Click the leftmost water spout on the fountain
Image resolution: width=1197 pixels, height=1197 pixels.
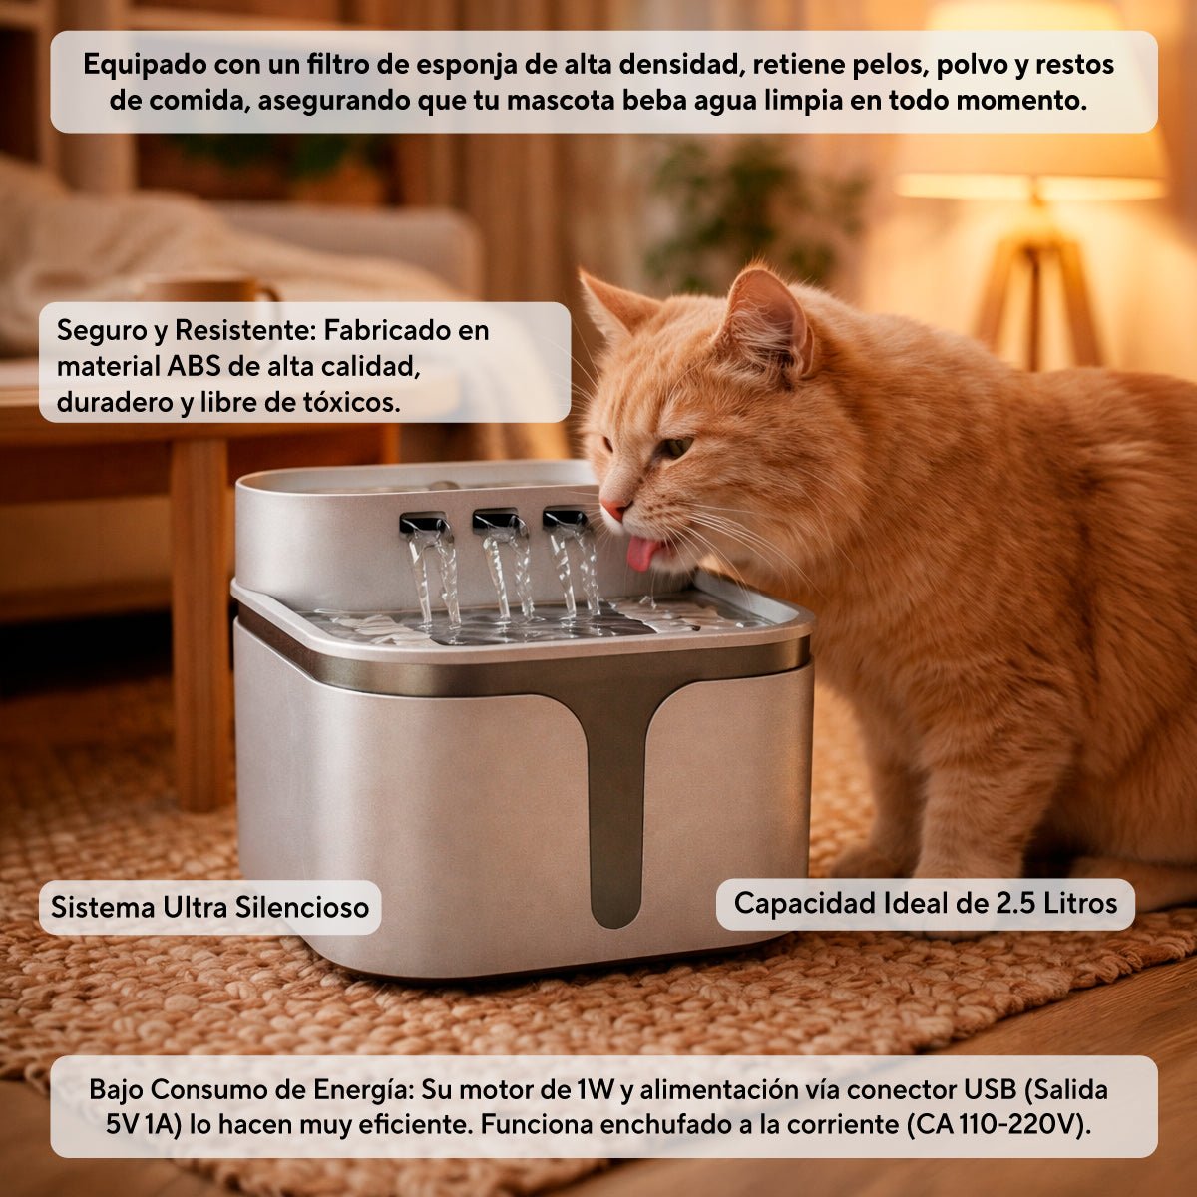(423, 523)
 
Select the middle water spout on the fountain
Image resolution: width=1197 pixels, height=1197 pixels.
(495, 521)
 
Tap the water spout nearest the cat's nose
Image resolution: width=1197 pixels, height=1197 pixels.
(565, 518)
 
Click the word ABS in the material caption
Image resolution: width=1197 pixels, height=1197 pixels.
(193, 366)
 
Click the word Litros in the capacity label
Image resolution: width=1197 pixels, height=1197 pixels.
(1080, 903)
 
